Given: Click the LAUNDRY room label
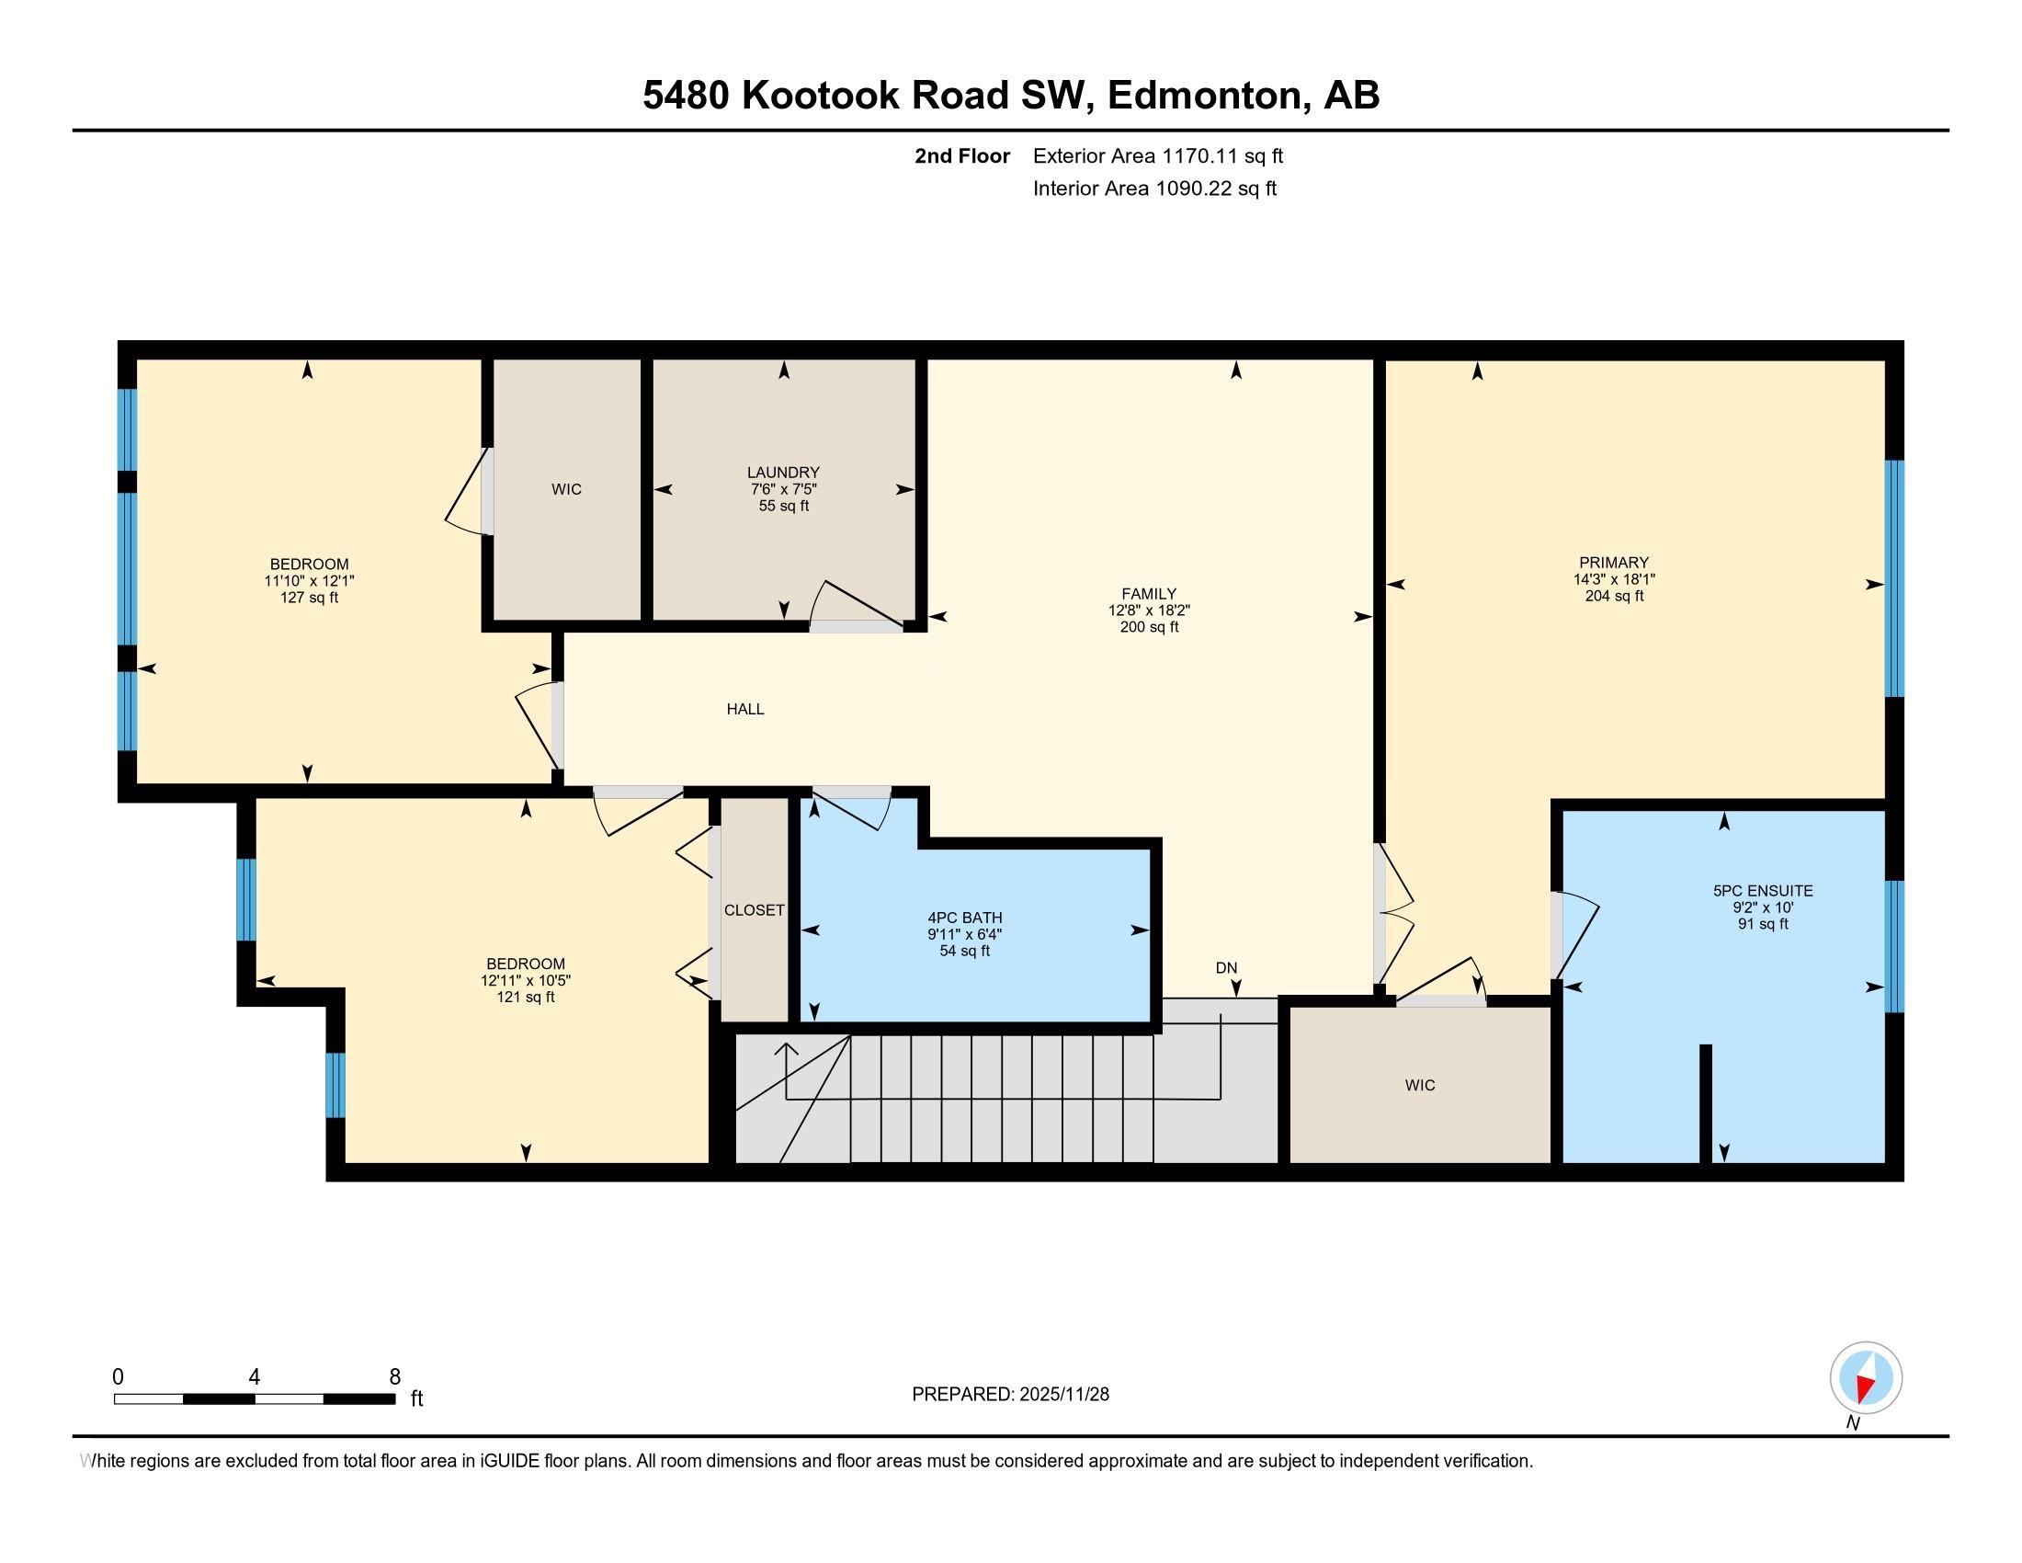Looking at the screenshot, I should (783, 473).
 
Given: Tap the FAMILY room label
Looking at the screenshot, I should (1149, 594).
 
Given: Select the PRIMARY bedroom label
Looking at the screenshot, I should (1614, 562).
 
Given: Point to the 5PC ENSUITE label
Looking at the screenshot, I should (1763, 891).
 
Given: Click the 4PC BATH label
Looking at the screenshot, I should (965, 918).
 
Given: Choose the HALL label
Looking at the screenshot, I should (745, 709).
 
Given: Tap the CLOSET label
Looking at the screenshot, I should (754, 910).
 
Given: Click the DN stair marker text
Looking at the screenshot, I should (1226, 967).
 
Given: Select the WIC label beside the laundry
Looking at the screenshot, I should (566, 489).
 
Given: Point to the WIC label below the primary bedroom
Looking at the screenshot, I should (1419, 1085).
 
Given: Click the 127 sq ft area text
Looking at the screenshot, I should (309, 598).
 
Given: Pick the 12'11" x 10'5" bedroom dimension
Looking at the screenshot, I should (526, 981).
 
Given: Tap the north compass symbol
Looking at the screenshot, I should (1866, 1378).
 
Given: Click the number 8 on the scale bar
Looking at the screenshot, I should (394, 1377).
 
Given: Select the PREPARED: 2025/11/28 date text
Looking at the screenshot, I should (1010, 1395).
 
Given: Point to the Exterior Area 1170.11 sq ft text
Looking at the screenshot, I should (1157, 155).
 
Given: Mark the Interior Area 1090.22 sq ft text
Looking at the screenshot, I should (1154, 188).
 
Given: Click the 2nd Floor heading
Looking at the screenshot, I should (962, 155).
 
